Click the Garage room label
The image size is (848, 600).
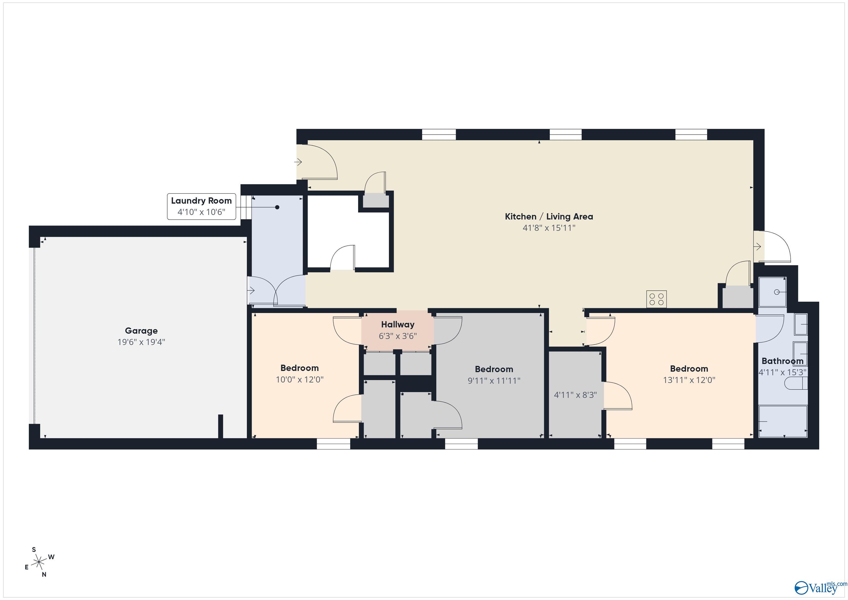(x=141, y=331)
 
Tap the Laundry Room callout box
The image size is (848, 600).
(x=201, y=206)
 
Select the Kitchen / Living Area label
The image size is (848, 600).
(x=549, y=216)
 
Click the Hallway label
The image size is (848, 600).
(x=397, y=324)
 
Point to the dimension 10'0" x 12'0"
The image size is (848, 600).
(x=300, y=379)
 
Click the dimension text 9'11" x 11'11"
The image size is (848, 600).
(x=494, y=380)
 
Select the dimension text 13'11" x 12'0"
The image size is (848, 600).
(x=689, y=380)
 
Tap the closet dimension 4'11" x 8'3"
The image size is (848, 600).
(x=575, y=395)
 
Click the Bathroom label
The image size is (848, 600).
(x=782, y=361)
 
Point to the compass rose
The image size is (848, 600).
(x=39, y=563)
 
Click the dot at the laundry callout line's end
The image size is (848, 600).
(x=277, y=207)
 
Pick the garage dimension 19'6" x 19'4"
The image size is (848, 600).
(x=141, y=342)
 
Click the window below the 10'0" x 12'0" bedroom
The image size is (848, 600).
(x=333, y=444)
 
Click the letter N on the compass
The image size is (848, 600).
(x=44, y=575)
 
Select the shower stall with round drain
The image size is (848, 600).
(x=772, y=292)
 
